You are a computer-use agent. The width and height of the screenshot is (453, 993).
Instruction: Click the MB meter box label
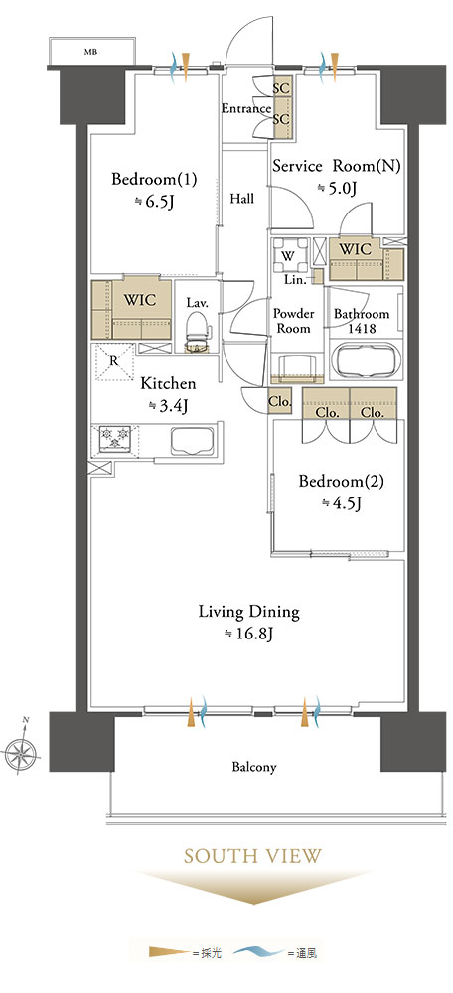click(x=91, y=52)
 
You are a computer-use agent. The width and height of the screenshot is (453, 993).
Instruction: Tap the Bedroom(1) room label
click(x=154, y=179)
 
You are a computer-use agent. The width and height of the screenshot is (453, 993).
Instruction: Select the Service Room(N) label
click(x=337, y=166)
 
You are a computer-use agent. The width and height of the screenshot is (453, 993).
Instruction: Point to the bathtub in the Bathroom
click(x=367, y=361)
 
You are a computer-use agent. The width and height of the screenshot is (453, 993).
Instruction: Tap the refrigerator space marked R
click(x=114, y=361)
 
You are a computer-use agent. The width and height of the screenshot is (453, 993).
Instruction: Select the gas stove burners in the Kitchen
click(x=114, y=438)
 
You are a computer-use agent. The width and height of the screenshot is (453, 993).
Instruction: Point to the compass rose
click(x=21, y=753)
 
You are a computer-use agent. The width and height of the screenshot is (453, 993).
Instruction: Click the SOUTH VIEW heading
click(x=252, y=856)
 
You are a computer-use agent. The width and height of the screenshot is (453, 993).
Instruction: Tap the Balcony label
click(x=253, y=767)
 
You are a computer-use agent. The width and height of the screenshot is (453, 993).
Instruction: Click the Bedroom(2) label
click(x=342, y=482)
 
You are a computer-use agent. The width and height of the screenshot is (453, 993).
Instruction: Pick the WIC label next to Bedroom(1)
click(x=140, y=300)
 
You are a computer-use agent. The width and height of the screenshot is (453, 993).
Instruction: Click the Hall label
click(x=242, y=199)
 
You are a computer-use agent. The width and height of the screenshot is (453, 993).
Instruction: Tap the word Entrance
click(x=245, y=108)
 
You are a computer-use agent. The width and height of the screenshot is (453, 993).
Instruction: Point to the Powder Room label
click(x=293, y=321)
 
